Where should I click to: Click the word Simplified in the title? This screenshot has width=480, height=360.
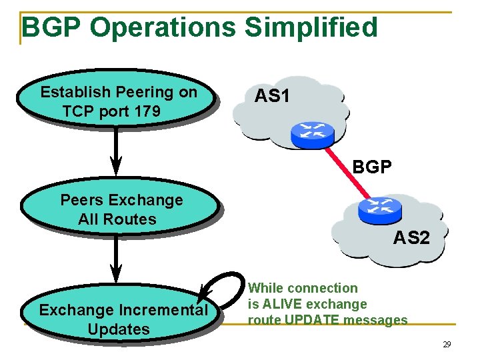[x=311, y=28]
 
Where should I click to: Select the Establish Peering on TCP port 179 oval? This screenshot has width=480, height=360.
[x=118, y=101]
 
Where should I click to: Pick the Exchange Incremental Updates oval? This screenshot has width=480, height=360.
[x=122, y=319]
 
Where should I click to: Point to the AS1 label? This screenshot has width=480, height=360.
[x=272, y=97]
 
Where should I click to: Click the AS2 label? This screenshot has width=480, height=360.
[x=411, y=237]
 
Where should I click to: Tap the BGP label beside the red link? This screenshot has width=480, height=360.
[x=372, y=167]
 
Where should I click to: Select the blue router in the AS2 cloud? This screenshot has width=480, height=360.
[x=380, y=210]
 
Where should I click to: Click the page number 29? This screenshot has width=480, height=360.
[x=447, y=345]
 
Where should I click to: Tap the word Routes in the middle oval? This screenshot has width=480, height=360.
[x=135, y=219]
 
